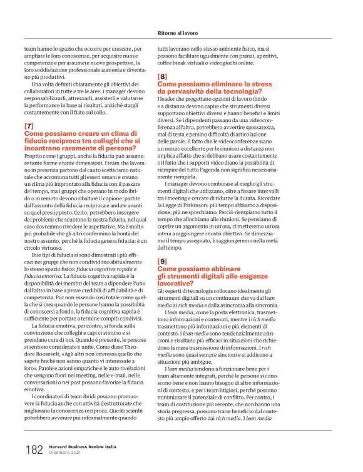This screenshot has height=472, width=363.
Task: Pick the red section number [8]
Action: click(x=161, y=76)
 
